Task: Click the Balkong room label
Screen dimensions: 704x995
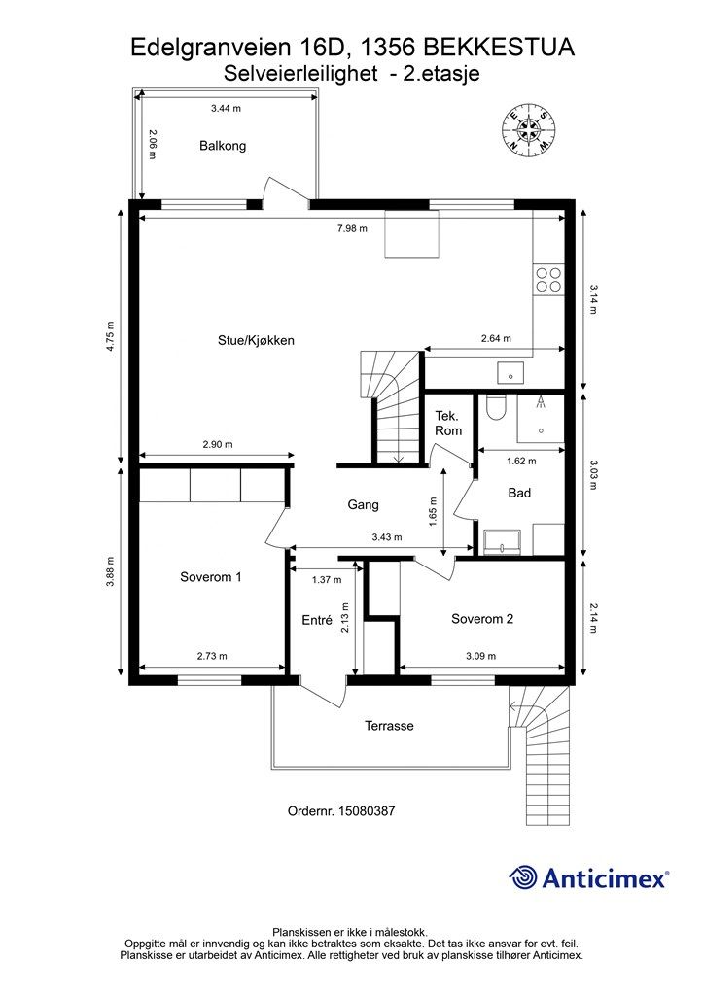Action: tap(222, 146)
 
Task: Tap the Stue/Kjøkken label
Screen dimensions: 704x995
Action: tap(256, 341)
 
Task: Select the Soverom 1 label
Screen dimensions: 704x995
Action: tap(211, 577)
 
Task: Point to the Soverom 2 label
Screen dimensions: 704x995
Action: tap(482, 619)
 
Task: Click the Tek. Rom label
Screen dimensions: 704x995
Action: tap(448, 424)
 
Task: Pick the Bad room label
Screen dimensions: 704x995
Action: tap(519, 493)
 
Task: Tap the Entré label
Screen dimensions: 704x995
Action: tap(317, 620)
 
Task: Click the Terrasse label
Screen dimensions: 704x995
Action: tap(389, 726)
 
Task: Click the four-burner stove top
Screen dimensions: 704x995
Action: tap(548, 279)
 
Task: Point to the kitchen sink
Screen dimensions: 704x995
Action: tap(510, 373)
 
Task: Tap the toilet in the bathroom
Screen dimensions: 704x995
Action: tap(495, 408)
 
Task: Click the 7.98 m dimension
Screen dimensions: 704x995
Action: tap(352, 229)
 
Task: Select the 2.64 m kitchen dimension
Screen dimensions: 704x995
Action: tap(496, 339)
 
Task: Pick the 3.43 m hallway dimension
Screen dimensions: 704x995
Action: tap(387, 537)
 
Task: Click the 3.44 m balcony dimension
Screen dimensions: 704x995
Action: tap(226, 109)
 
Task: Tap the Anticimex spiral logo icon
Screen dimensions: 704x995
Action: tap(523, 877)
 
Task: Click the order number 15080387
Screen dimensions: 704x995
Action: tap(367, 811)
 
